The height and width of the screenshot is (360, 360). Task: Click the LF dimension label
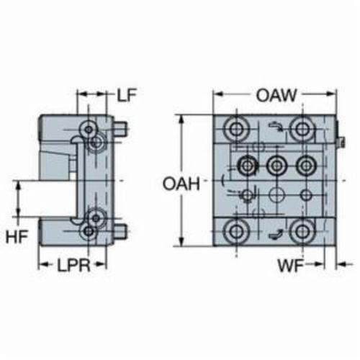[127, 95]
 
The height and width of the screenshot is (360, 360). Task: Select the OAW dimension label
[276, 95]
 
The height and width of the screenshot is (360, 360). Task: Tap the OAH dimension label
[181, 184]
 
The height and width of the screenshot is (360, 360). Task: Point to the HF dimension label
[17, 236]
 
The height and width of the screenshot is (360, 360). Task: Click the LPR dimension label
[73, 265]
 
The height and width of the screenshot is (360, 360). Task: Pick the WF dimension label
[291, 266]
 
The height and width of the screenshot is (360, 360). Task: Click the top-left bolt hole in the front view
[236, 129]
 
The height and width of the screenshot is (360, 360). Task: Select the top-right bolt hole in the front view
[302, 129]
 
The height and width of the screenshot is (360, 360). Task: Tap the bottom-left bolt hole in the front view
[236, 232]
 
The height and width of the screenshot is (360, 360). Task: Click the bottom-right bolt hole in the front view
[302, 232]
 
